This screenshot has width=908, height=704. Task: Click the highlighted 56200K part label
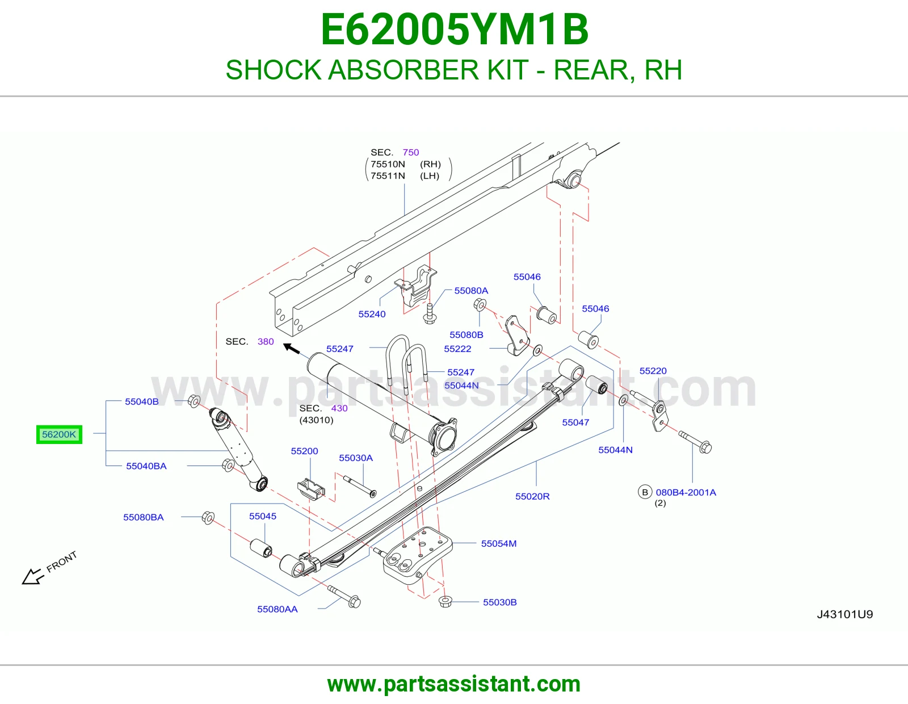click(59, 434)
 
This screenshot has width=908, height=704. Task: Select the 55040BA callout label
click(146, 466)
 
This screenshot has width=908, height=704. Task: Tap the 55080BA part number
click(144, 517)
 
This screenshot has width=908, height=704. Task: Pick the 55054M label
click(499, 543)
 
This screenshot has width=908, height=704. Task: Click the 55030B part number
click(500, 602)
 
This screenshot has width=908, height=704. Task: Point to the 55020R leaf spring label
click(532, 496)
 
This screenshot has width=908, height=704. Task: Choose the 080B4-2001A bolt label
click(686, 492)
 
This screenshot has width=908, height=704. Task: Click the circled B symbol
click(645, 492)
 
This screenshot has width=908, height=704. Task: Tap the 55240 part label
click(372, 314)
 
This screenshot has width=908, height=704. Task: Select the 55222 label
click(457, 349)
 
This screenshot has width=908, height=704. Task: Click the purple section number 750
click(411, 152)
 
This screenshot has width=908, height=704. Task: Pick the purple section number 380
click(266, 342)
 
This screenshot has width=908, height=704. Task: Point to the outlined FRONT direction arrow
click(33, 576)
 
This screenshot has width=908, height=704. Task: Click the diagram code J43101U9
click(845, 614)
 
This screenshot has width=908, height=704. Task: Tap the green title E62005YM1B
click(455, 30)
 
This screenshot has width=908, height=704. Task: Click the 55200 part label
click(305, 451)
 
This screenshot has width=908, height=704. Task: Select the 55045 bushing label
click(263, 516)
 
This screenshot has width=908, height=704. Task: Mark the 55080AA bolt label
click(278, 609)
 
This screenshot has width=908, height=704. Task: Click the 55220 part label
click(653, 371)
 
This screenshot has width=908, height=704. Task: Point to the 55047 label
click(576, 422)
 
